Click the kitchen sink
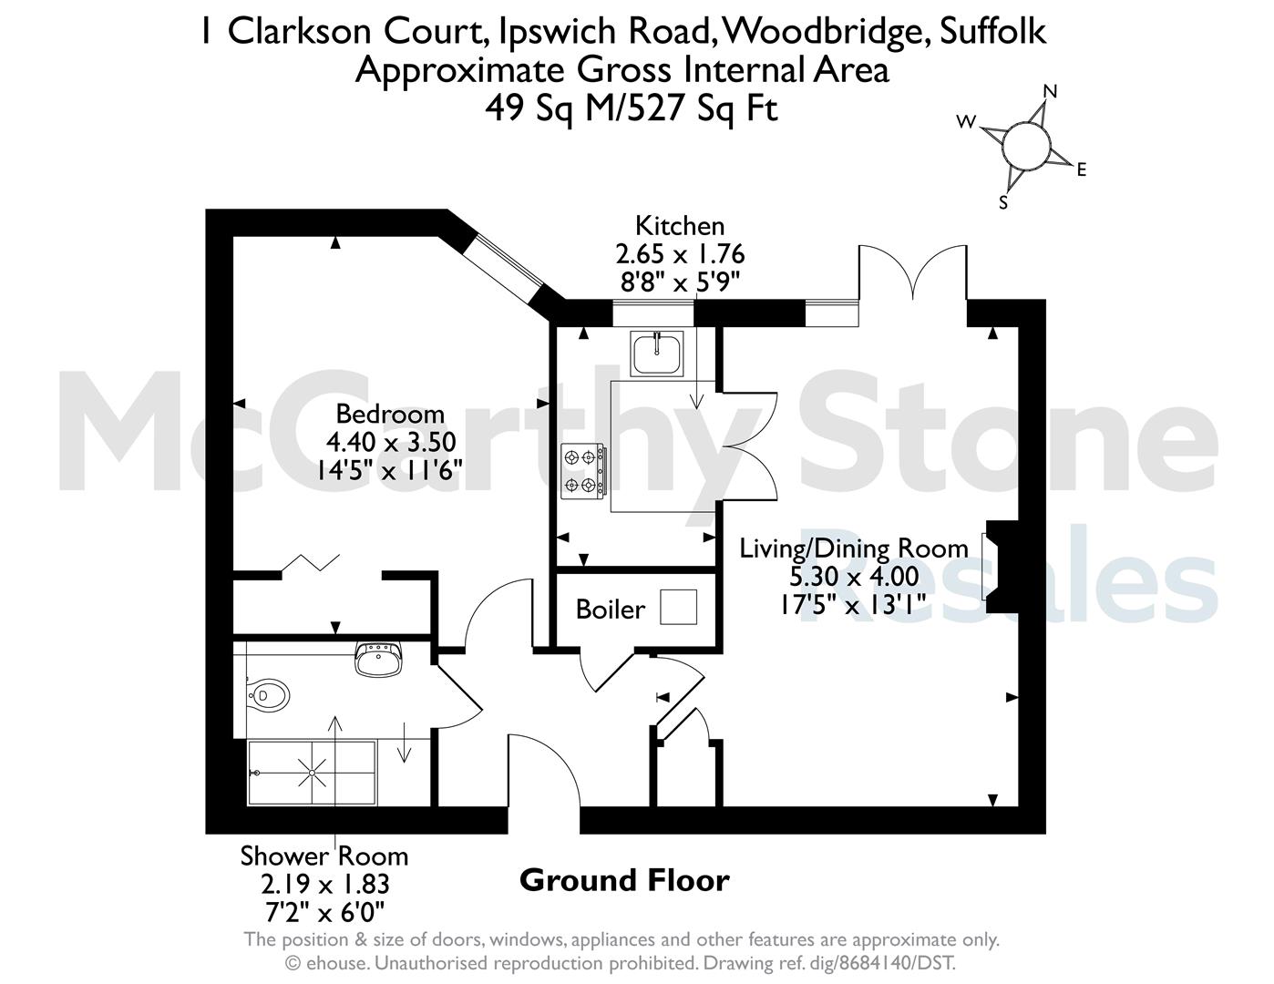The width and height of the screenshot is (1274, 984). pyautogui.click(x=657, y=354)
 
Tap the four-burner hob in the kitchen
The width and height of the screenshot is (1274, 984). pyautogui.click(x=583, y=471)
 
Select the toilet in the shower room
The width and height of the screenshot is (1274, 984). pyautogui.click(x=269, y=696)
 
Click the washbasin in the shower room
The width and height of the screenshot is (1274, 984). pyautogui.click(x=379, y=659)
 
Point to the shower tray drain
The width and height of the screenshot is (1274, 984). pyautogui.click(x=312, y=773)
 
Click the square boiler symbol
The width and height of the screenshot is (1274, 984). pyautogui.click(x=678, y=607)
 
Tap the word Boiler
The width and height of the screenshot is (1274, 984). pyautogui.click(x=611, y=610)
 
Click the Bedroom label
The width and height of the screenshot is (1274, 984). pyautogui.click(x=390, y=415)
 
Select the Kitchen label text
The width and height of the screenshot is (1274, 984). pyautogui.click(x=680, y=226)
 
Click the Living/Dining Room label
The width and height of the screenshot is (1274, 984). pyautogui.click(x=854, y=548)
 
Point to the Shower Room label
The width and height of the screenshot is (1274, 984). pyautogui.click(x=324, y=856)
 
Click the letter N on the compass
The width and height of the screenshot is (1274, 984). pyautogui.click(x=1050, y=91)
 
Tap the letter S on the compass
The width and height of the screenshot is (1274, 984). pyautogui.click(x=1003, y=202)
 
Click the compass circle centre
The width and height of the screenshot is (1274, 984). pyautogui.click(x=1026, y=146)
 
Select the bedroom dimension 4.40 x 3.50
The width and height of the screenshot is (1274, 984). pyautogui.click(x=390, y=443)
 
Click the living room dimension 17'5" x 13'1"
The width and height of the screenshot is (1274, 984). pyautogui.click(x=852, y=604)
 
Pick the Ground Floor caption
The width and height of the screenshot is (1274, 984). pyautogui.click(x=624, y=880)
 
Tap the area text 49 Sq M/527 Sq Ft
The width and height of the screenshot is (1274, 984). pyautogui.click(x=632, y=109)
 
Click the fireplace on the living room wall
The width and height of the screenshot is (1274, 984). pyautogui.click(x=1002, y=566)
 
